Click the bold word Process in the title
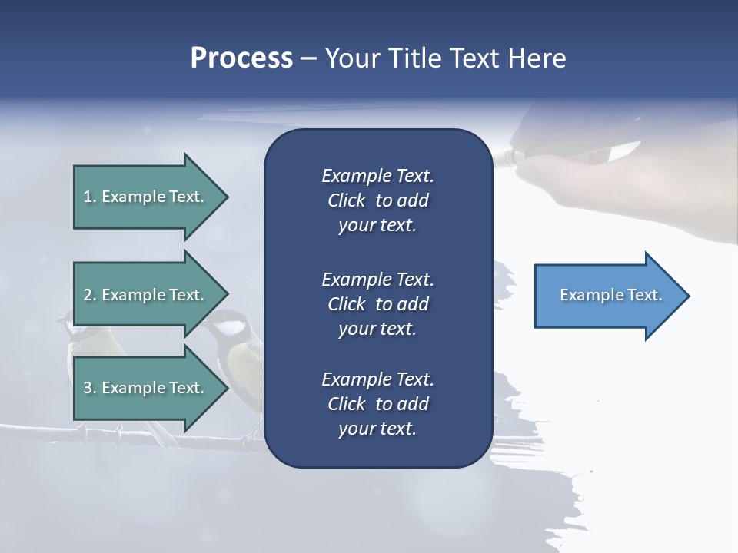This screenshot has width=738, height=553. pyautogui.click(x=241, y=58)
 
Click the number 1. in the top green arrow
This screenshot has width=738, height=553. pyautogui.click(x=90, y=197)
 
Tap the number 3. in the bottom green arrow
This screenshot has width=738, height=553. pyautogui.click(x=90, y=388)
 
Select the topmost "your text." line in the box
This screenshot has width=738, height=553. pyautogui.click(x=377, y=226)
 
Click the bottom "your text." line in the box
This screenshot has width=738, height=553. pyautogui.click(x=377, y=429)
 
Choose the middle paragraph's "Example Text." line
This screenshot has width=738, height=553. pyautogui.click(x=377, y=279)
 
